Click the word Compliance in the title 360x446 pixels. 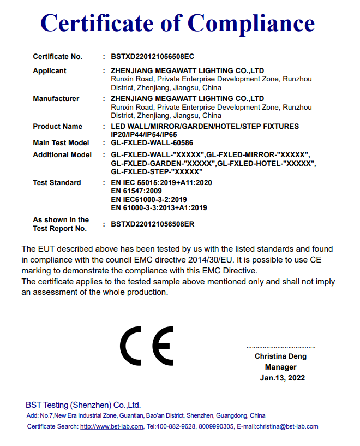(251, 23)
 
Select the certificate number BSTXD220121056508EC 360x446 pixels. (152, 56)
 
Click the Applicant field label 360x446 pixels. (50, 70)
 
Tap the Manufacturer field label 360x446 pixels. (56, 98)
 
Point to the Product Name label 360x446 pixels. (57, 126)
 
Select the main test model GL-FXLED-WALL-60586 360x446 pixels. (152, 143)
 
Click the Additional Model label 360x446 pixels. (62, 154)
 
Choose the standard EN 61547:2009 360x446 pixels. (136, 191)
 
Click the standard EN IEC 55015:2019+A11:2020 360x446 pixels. (161, 183)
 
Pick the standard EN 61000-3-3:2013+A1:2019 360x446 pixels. (159, 207)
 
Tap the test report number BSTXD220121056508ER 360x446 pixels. (153, 224)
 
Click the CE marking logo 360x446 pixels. (146, 346)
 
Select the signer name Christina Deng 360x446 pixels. (280, 356)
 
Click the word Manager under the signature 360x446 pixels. (280, 367)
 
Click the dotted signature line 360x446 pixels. (280, 347)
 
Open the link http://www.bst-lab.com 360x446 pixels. (111, 426)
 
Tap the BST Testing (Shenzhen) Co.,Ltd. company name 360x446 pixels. (83, 405)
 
